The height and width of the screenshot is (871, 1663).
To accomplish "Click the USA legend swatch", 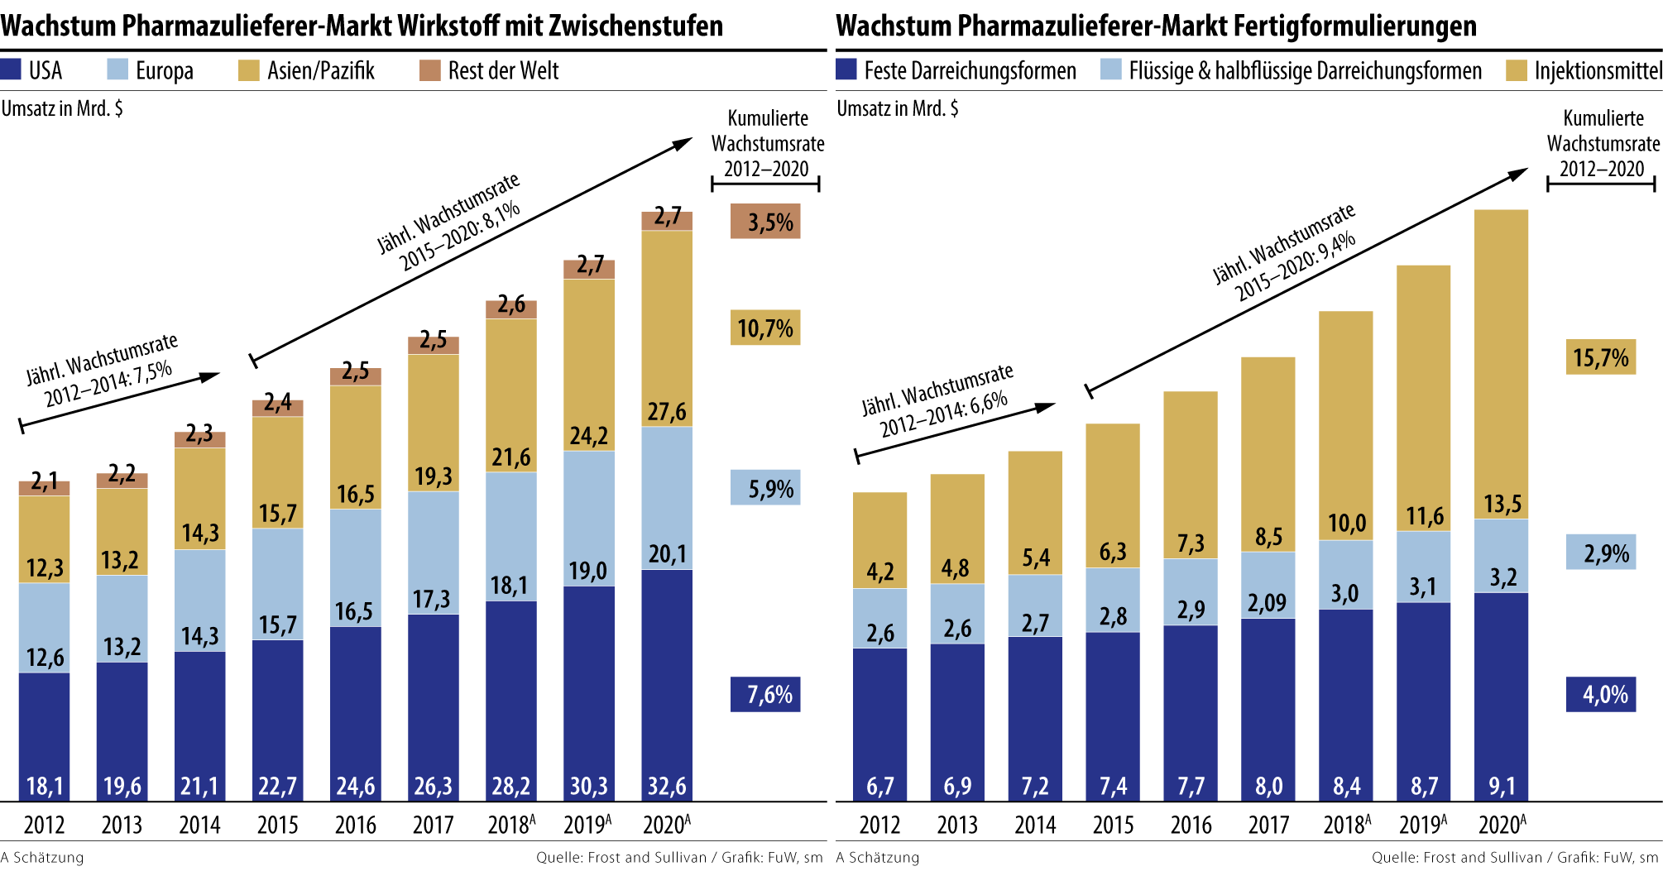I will [x=11, y=69].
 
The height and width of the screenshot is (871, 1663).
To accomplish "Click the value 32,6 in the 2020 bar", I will [x=667, y=785].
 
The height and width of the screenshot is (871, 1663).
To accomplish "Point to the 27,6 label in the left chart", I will [x=667, y=412].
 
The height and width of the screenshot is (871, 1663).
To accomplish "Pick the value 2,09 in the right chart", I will [x=1268, y=603].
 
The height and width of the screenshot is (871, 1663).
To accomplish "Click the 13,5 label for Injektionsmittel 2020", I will [x=1502, y=504].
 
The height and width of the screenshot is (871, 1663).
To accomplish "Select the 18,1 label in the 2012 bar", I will [x=45, y=785].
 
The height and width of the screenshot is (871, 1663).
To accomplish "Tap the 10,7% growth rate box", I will [x=765, y=328].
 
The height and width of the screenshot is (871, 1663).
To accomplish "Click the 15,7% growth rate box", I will [x=1601, y=357].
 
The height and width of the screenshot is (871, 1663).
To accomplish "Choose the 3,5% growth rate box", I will [x=765, y=222].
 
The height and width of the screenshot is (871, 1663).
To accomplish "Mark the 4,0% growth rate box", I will [x=1601, y=694].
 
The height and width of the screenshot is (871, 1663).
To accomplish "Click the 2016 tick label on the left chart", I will [x=356, y=825].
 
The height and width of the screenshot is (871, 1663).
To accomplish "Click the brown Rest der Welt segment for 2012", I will [x=45, y=488].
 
